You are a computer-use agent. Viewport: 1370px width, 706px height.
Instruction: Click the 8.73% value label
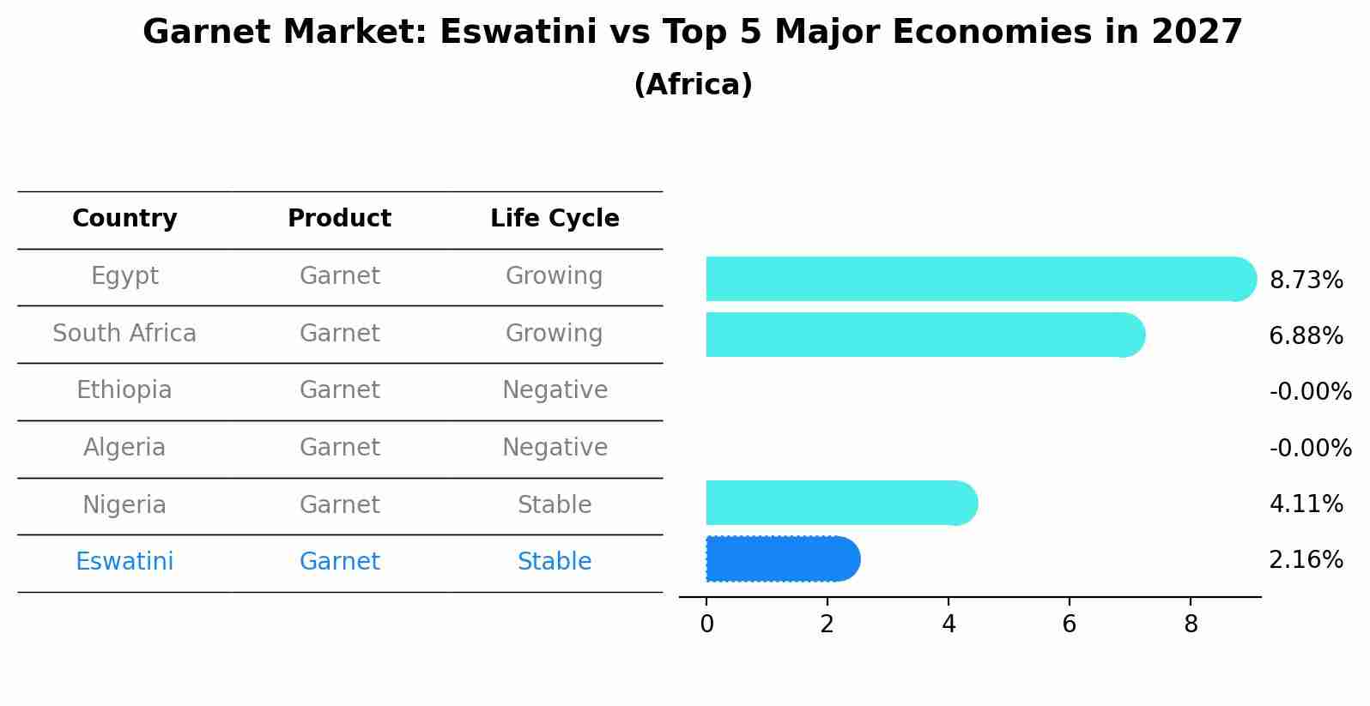tap(1306, 281)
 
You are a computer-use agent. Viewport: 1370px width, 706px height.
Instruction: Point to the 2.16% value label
tap(1306, 560)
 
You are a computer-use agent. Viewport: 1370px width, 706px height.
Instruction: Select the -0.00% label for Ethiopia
tap(1310, 392)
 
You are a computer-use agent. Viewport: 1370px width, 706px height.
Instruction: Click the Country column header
tap(124, 219)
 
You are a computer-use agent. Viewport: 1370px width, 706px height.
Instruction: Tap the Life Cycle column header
tap(555, 219)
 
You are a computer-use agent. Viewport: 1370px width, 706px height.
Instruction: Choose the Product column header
tap(339, 219)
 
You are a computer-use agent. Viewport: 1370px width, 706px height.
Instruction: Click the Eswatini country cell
tap(124, 562)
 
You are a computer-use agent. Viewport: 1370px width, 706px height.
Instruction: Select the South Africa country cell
tap(124, 334)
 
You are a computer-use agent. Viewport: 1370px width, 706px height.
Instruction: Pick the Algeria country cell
tap(124, 448)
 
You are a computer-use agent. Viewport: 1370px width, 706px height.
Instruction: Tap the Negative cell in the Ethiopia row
tap(555, 390)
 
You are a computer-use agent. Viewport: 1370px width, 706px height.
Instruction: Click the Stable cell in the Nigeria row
tap(555, 505)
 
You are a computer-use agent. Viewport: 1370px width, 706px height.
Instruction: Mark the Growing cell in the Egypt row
tap(555, 276)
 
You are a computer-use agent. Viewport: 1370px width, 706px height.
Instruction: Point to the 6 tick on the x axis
tap(1069, 625)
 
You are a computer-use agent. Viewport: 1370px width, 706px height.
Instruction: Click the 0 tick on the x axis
tap(706, 625)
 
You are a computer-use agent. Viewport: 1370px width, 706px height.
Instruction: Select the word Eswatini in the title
tap(518, 33)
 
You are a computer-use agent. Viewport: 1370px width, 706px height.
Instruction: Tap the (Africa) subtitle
tap(693, 85)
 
